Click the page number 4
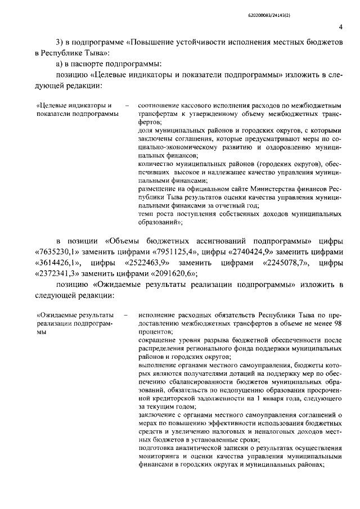pos(341,27)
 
